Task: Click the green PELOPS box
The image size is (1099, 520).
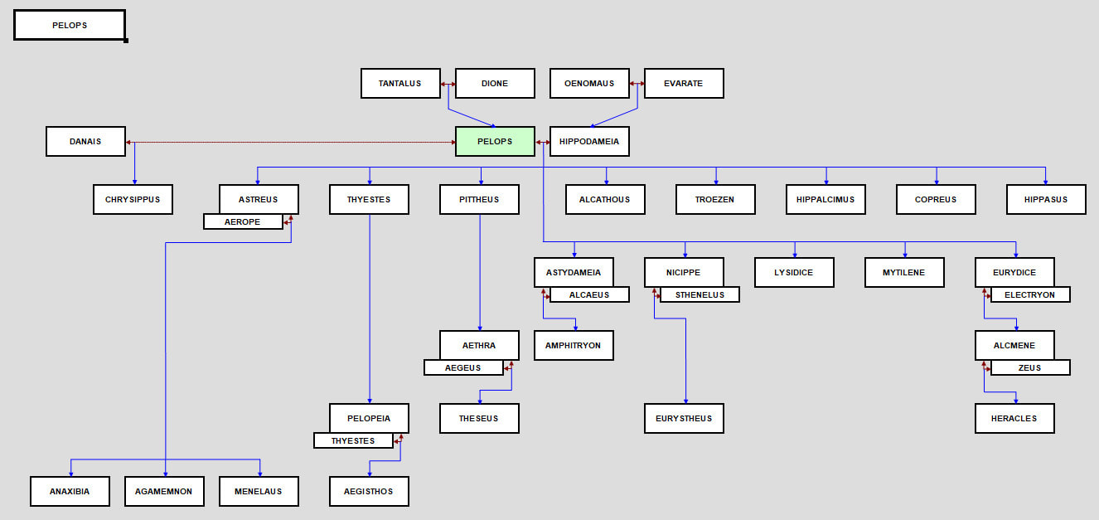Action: (495, 142)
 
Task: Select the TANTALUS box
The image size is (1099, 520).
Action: (400, 84)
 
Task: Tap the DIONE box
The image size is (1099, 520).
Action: (495, 84)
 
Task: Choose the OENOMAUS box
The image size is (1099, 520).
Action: (589, 84)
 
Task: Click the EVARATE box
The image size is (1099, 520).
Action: (684, 84)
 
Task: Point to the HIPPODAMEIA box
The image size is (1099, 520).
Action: (589, 142)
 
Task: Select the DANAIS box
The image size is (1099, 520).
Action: (85, 142)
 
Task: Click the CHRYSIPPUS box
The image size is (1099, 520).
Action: (133, 200)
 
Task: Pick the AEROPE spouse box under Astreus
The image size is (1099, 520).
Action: (243, 222)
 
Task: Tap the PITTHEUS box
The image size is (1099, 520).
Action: (479, 200)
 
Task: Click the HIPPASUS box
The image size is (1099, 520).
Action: (1046, 200)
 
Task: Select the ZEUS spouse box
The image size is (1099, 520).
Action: (1029, 367)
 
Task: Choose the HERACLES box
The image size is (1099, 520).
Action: (1014, 419)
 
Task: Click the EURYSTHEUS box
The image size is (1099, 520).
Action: (684, 419)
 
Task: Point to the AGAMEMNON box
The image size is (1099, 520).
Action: (164, 492)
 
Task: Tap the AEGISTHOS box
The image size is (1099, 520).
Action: (369, 492)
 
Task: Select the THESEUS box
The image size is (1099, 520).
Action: (479, 419)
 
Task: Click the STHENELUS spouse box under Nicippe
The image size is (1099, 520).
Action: (700, 294)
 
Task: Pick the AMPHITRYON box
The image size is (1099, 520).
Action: (574, 346)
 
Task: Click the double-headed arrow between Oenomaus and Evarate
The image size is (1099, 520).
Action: (637, 84)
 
